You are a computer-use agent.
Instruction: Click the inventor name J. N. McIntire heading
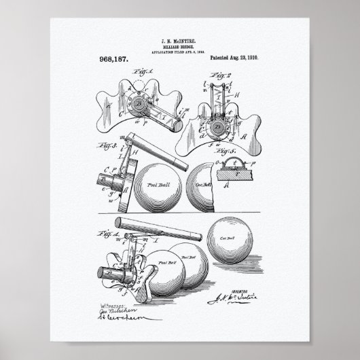tap(181, 43)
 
